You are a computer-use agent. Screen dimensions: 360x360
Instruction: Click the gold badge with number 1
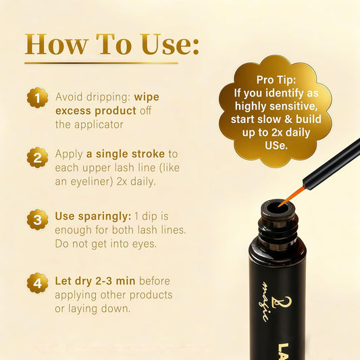click(x=37, y=97)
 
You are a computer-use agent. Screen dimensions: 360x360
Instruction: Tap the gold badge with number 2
click(x=37, y=157)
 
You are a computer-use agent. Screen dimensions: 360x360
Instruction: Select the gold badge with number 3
click(x=37, y=220)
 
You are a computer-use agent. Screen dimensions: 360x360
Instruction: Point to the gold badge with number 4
click(x=37, y=283)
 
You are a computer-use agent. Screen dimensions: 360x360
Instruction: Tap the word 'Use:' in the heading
click(x=170, y=44)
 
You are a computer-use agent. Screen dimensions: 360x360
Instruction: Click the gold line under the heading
click(x=101, y=63)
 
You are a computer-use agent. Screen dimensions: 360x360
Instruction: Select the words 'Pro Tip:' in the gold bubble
click(x=276, y=80)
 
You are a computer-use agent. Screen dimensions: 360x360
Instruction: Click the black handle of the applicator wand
click(x=332, y=163)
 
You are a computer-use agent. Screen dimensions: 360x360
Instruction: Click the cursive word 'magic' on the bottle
click(x=266, y=301)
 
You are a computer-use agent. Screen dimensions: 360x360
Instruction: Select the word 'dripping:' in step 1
click(x=108, y=97)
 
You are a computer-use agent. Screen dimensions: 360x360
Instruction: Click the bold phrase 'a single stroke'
click(x=126, y=154)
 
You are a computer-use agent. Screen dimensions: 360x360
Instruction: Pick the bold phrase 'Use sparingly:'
click(x=93, y=216)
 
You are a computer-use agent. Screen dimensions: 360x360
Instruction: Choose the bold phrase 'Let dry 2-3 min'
click(x=95, y=281)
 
